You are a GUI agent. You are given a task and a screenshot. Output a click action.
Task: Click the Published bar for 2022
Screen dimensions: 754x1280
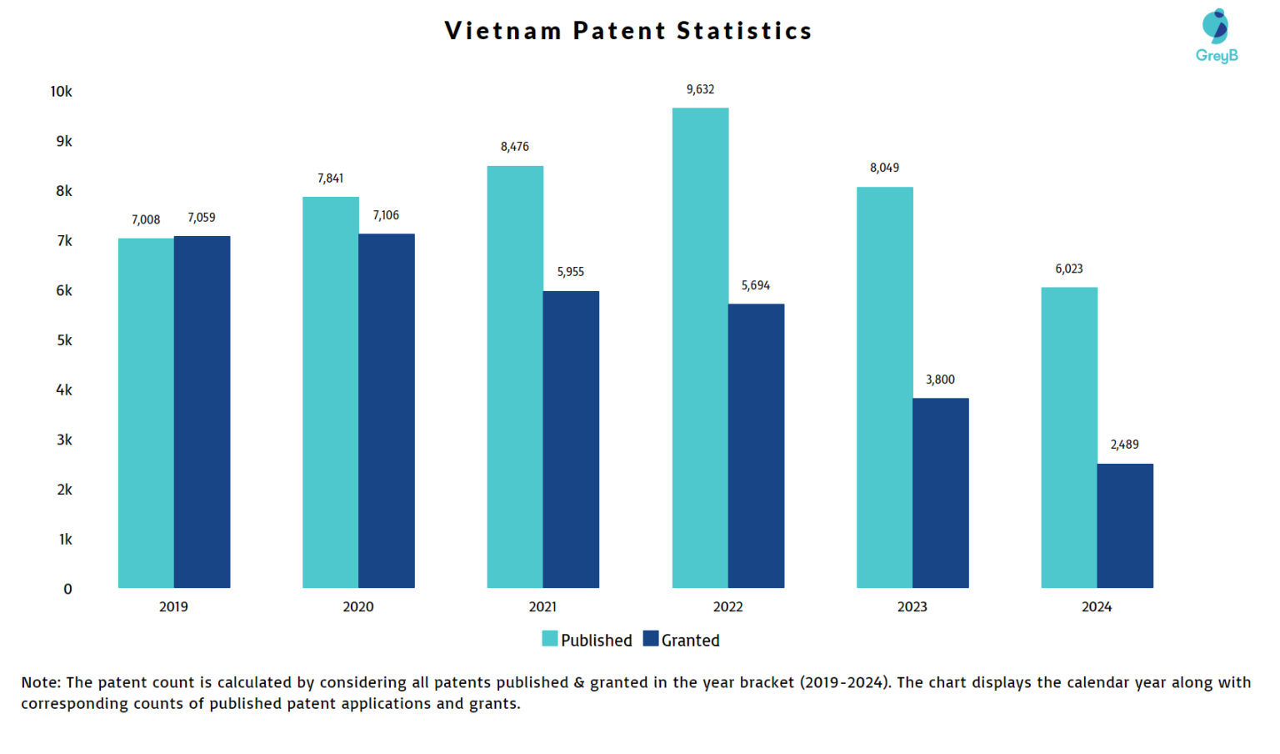tap(700, 348)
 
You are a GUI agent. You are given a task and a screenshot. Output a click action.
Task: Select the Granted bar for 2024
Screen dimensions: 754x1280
tap(1125, 525)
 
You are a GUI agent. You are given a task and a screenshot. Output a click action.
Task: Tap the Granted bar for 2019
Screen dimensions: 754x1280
tap(202, 412)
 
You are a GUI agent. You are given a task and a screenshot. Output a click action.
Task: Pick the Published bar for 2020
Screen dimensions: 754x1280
tap(330, 392)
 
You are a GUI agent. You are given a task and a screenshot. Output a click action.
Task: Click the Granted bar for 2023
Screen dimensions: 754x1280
tap(940, 493)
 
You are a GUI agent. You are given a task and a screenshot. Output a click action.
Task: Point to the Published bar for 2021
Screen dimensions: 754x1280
tap(515, 377)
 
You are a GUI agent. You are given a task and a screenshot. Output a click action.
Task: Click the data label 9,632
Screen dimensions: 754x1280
tap(700, 89)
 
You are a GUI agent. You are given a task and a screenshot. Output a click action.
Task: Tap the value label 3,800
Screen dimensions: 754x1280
tap(940, 380)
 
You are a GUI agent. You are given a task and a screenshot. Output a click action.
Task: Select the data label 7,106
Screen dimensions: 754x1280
tap(386, 215)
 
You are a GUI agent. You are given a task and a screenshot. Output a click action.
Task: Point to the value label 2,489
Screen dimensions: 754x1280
tap(1124, 445)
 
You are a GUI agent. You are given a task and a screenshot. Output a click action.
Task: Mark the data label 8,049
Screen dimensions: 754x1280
tap(884, 168)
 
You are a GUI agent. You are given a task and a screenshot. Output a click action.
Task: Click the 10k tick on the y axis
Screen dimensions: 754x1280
tap(61, 92)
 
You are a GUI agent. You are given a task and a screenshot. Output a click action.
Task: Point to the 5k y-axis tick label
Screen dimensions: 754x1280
tap(64, 340)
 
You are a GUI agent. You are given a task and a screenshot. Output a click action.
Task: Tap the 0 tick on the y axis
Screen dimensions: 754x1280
tap(67, 589)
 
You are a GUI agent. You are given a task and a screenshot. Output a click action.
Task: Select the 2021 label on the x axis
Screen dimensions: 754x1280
tap(542, 606)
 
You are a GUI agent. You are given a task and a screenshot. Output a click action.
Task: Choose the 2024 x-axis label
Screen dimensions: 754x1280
tap(1096, 606)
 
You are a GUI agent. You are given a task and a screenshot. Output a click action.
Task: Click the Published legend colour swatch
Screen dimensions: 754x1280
tap(549, 639)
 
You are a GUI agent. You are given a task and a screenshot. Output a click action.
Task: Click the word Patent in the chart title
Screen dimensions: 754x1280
tap(619, 31)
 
